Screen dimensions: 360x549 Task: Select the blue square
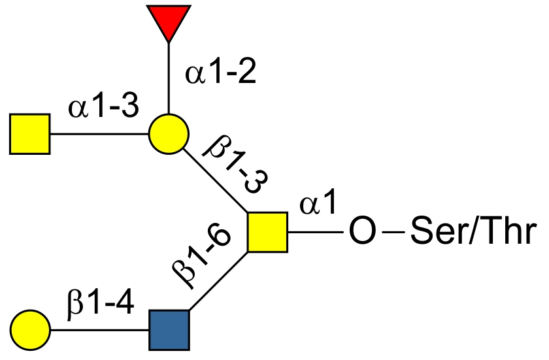pyautogui.click(x=169, y=329)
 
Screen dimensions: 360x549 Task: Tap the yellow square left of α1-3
pyautogui.click(x=30, y=134)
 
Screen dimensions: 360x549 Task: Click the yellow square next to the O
pyautogui.click(x=267, y=232)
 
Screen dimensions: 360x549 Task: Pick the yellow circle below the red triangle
pyautogui.click(x=169, y=134)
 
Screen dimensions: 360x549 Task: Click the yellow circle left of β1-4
pyautogui.click(x=30, y=329)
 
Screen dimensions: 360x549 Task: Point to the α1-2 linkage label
pyautogui.click(x=220, y=73)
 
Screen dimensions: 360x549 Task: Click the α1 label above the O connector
pyautogui.click(x=318, y=206)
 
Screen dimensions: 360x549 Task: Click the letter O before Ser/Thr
pyautogui.click(x=361, y=233)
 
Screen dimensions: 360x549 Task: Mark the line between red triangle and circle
pyautogui.click(x=169, y=78)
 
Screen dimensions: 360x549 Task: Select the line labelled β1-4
pyautogui.click(x=99, y=329)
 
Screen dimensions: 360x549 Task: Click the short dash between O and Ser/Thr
pyautogui.click(x=391, y=233)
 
